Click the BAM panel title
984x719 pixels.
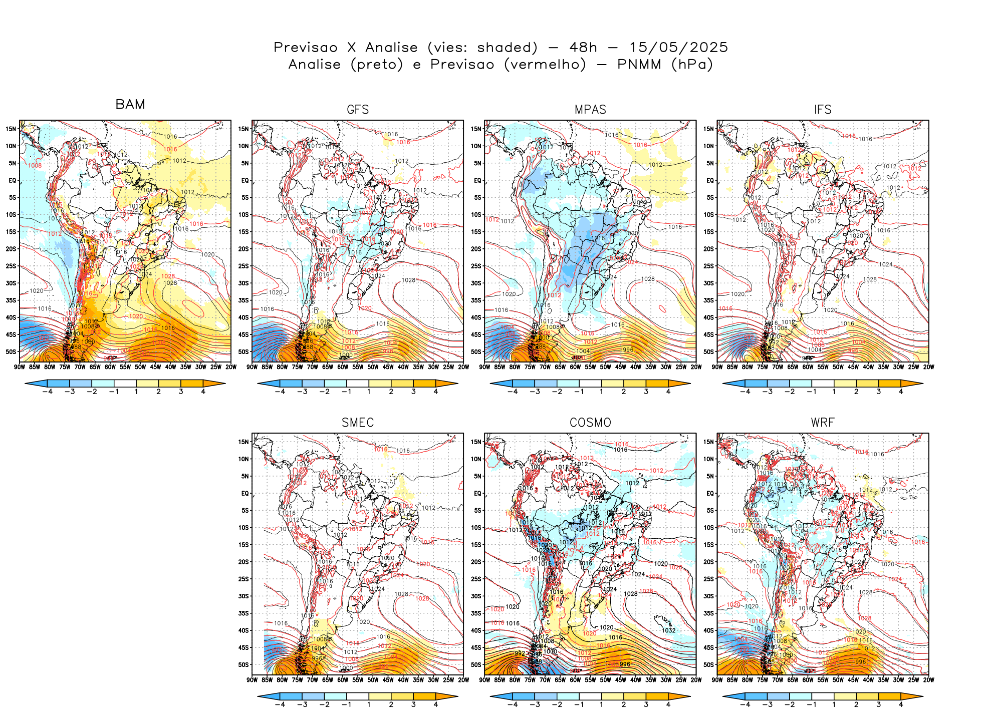coord(130,104)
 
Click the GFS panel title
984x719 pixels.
coord(358,110)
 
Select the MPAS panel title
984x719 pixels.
coord(590,110)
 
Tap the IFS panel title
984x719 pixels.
coord(823,110)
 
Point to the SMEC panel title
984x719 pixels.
coord(358,423)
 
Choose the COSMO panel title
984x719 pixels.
coord(590,423)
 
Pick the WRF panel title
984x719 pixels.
coord(823,423)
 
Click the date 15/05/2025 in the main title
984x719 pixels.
coord(678,48)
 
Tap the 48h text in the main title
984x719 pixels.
coord(583,48)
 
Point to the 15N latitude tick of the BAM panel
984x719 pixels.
coord(11,129)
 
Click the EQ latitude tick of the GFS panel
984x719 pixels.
coord(245,180)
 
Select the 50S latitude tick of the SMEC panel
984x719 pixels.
coord(243,664)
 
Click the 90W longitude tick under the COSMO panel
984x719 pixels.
coord(484,680)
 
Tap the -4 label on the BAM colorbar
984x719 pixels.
coord(47,392)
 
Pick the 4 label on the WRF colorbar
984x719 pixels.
coord(901,704)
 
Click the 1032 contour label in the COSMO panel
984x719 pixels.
coord(669,630)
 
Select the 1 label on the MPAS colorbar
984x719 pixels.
coord(601,392)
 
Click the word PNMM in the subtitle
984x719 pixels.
coord(640,65)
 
